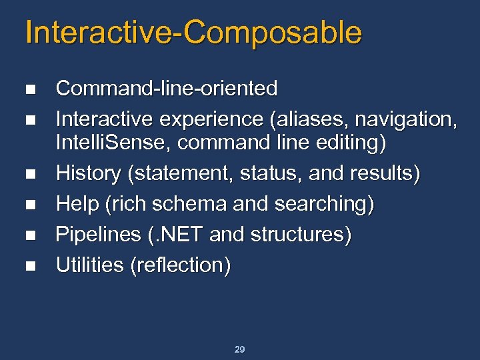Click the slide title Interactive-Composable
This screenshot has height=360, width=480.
point(193,33)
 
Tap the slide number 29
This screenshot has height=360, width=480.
point(240,349)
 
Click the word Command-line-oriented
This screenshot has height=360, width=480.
point(167,89)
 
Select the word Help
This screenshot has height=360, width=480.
point(77,204)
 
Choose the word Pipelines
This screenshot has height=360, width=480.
point(96,235)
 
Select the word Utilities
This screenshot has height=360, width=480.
point(89,265)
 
